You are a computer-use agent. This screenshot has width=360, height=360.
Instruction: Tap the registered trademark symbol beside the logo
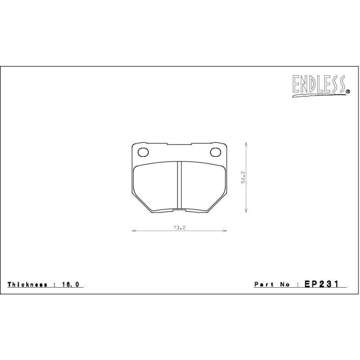tap(348, 92)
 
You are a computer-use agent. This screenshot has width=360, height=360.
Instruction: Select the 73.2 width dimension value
tap(179, 228)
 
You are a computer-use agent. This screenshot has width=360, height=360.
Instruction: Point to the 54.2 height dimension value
tap(243, 177)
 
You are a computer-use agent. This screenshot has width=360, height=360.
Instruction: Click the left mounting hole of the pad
tap(143, 152)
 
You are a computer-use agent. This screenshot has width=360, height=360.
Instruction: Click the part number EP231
tap(322, 284)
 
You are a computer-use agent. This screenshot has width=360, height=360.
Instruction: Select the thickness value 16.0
tap(70, 284)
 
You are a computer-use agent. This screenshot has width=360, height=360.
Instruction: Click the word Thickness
tap(27, 284)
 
